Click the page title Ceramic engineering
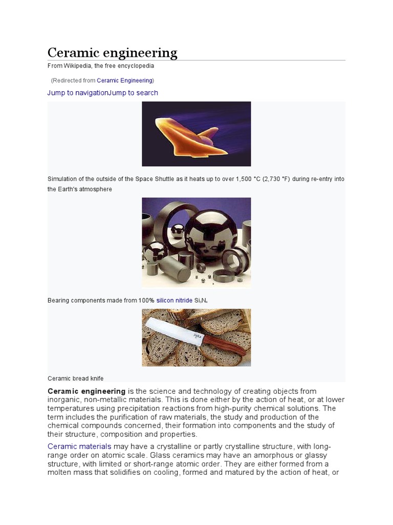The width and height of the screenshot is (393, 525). (112, 53)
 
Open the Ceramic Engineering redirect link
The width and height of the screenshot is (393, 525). (124, 80)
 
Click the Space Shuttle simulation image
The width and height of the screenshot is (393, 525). (196, 134)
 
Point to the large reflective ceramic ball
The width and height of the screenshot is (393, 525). (210, 234)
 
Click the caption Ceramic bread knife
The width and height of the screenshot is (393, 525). (75, 378)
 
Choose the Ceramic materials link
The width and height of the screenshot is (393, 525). (79, 447)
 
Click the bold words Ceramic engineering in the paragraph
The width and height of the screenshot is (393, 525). (86, 392)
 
